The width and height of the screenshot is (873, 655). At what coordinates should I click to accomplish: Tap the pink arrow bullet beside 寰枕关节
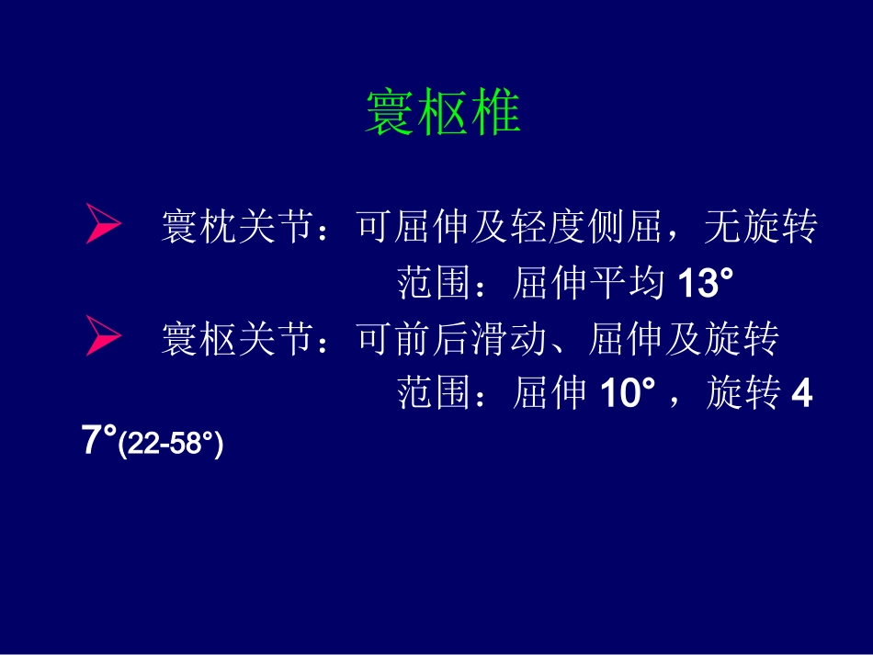[103, 226]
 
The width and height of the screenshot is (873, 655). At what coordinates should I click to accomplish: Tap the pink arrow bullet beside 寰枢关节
[103, 337]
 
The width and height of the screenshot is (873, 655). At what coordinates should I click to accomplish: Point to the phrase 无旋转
[760, 227]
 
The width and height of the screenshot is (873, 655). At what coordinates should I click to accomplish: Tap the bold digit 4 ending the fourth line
[802, 394]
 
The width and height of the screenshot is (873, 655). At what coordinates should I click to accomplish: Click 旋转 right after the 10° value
[743, 394]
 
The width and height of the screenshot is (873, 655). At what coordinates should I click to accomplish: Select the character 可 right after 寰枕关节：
[374, 227]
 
